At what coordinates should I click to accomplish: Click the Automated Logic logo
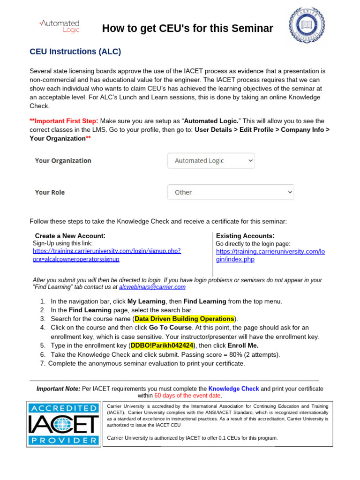59,26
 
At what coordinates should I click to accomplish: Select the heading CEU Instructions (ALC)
75,52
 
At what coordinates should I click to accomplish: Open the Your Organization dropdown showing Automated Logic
211,161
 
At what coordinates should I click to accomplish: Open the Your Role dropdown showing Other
231,192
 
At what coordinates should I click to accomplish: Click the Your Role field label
50,192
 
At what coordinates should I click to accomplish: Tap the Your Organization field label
63,161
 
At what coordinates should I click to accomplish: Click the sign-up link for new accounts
107,255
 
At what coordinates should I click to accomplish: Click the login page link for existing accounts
270,255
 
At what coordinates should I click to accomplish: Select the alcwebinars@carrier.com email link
152,287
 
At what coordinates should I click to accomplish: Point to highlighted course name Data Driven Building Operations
184,319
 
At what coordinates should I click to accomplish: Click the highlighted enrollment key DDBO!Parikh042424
162,345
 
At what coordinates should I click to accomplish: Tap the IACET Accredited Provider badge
64,423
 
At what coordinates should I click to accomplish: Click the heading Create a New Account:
70,236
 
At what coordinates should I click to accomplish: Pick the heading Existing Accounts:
245,236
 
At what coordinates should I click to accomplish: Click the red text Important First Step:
64,121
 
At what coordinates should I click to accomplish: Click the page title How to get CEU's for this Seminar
187,29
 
